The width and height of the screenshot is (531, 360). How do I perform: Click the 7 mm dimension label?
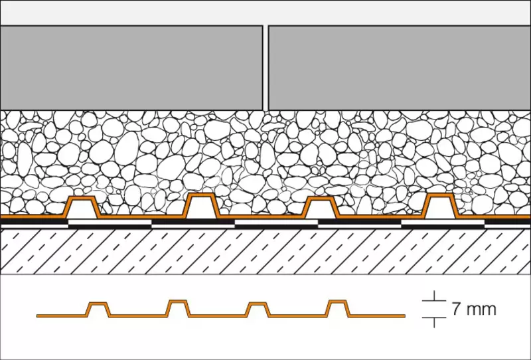(474, 309)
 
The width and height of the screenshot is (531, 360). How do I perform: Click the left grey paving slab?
(131, 68)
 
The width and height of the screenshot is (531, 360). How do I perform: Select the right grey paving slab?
(400, 68)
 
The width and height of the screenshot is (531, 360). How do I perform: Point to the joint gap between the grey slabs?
(266, 68)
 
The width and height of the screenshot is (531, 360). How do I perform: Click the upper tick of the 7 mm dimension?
(434, 301)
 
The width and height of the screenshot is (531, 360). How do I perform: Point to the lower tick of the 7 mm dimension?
(434, 317)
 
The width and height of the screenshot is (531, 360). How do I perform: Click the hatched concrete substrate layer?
(265, 251)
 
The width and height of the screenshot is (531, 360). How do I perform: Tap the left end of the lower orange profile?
(37, 316)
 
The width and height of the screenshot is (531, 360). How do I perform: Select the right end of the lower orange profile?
(405, 316)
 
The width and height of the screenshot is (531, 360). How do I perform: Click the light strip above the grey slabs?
(265, 13)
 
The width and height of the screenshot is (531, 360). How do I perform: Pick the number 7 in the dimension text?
(457, 309)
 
